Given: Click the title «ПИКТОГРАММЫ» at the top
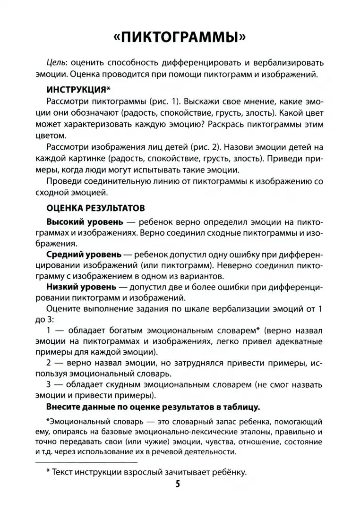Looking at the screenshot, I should tap(180, 37).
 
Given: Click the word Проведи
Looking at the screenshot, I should tap(65, 182).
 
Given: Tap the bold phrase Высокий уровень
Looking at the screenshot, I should tap(85, 221).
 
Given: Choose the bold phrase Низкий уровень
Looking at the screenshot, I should tap(81, 287).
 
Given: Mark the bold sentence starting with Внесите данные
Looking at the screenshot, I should tap(153, 407).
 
